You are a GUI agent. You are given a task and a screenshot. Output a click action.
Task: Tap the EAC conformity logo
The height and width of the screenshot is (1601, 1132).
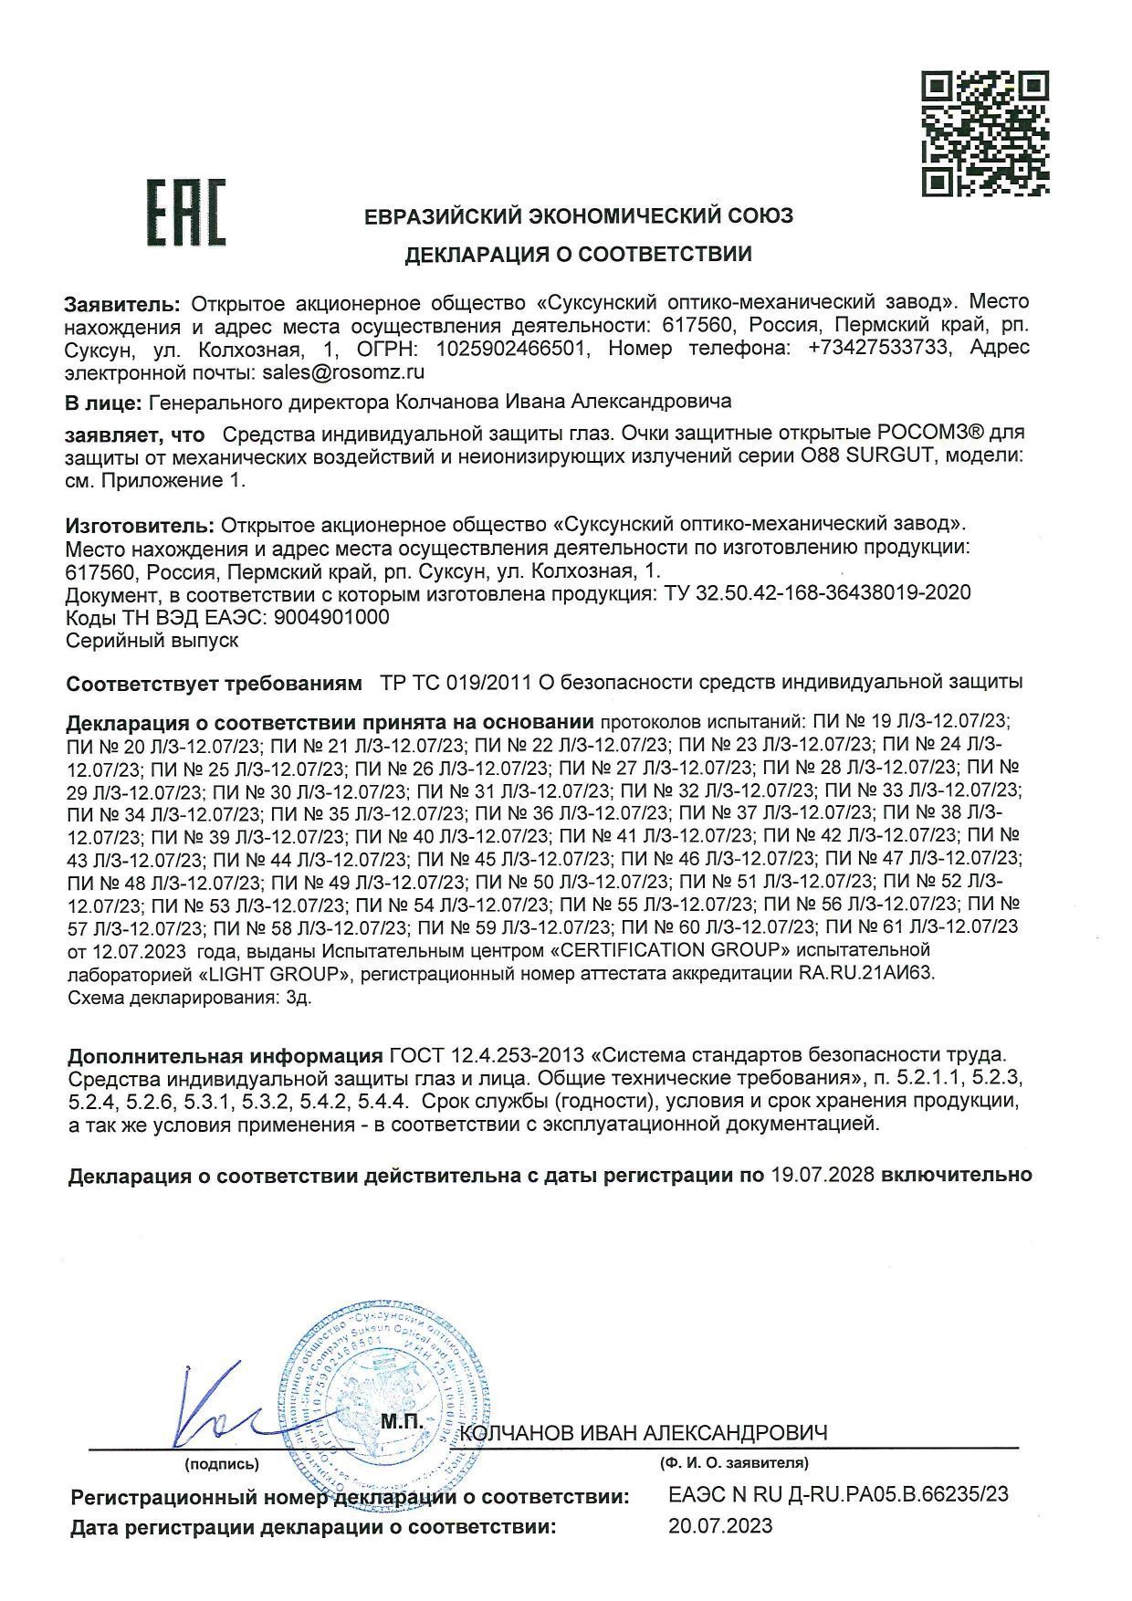[x=188, y=212]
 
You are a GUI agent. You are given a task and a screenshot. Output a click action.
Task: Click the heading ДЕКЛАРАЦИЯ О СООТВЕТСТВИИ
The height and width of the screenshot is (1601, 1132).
[x=579, y=255]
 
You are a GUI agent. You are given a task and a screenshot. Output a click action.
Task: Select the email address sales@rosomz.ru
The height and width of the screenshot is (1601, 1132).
[x=343, y=372]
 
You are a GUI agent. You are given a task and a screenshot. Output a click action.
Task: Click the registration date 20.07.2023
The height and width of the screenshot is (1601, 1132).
[x=720, y=1525]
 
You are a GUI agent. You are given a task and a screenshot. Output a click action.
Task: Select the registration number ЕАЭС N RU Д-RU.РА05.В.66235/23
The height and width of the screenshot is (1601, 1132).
[x=838, y=1494]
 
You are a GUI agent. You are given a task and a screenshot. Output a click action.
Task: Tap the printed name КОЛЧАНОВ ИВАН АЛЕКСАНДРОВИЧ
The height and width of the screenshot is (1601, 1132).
[x=645, y=1433]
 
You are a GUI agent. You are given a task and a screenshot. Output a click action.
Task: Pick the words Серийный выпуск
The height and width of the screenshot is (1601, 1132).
[x=152, y=641]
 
